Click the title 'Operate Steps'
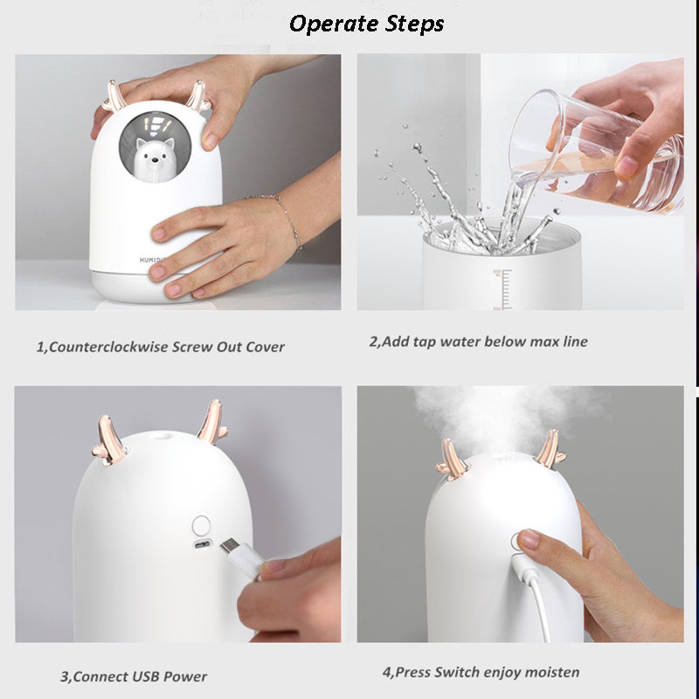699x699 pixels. pos(366,24)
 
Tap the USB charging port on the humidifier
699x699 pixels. pos(202,547)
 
